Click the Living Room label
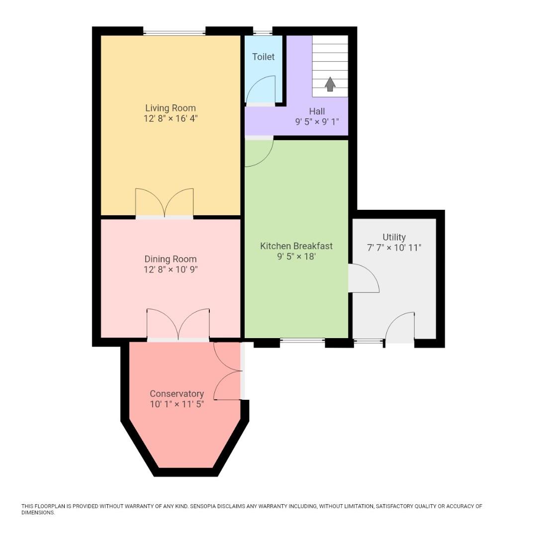(171, 108)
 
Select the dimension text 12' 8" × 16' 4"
(171, 119)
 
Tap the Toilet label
(263, 57)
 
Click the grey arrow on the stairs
(330, 84)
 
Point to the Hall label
(317, 111)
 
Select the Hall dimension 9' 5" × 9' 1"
(317, 121)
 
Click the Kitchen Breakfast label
(296, 246)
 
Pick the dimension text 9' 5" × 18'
(296, 257)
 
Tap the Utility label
(394, 237)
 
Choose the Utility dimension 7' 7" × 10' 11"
(394, 248)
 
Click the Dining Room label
(171, 259)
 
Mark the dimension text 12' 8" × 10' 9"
(171, 269)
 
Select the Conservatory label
(177, 394)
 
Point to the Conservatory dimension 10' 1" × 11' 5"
(177, 404)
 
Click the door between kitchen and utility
(364, 278)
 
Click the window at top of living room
(174, 33)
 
